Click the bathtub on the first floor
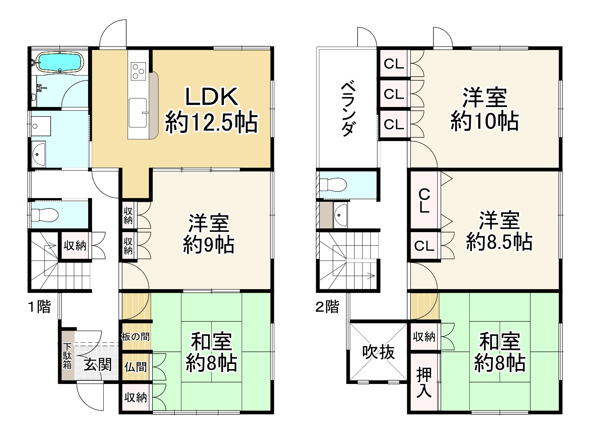60,62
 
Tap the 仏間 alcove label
136,367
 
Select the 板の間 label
136,337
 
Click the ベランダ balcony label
348,109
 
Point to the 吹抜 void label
378,352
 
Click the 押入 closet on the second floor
424,382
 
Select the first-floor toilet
44,214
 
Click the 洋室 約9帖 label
208,233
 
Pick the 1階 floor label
40,307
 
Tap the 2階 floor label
327,307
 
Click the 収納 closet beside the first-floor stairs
75,245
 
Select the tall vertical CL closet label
424,200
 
